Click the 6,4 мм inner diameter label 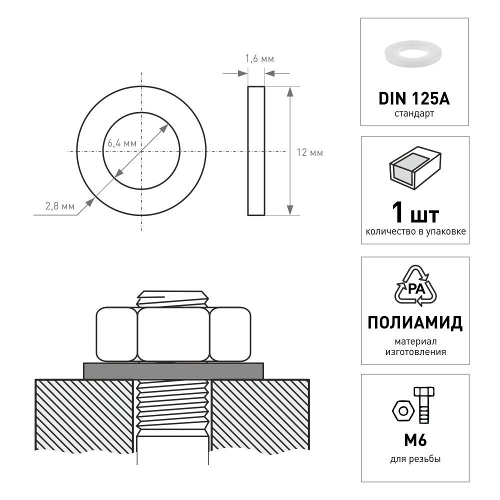click(122, 143)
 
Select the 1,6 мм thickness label click(259, 59)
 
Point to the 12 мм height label click(309, 153)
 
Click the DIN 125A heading click(414, 98)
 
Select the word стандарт click(414, 114)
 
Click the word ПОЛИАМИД click(415, 323)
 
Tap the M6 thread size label click(414, 441)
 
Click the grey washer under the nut click(173, 370)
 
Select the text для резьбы click(415, 459)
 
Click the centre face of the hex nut click(173, 334)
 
